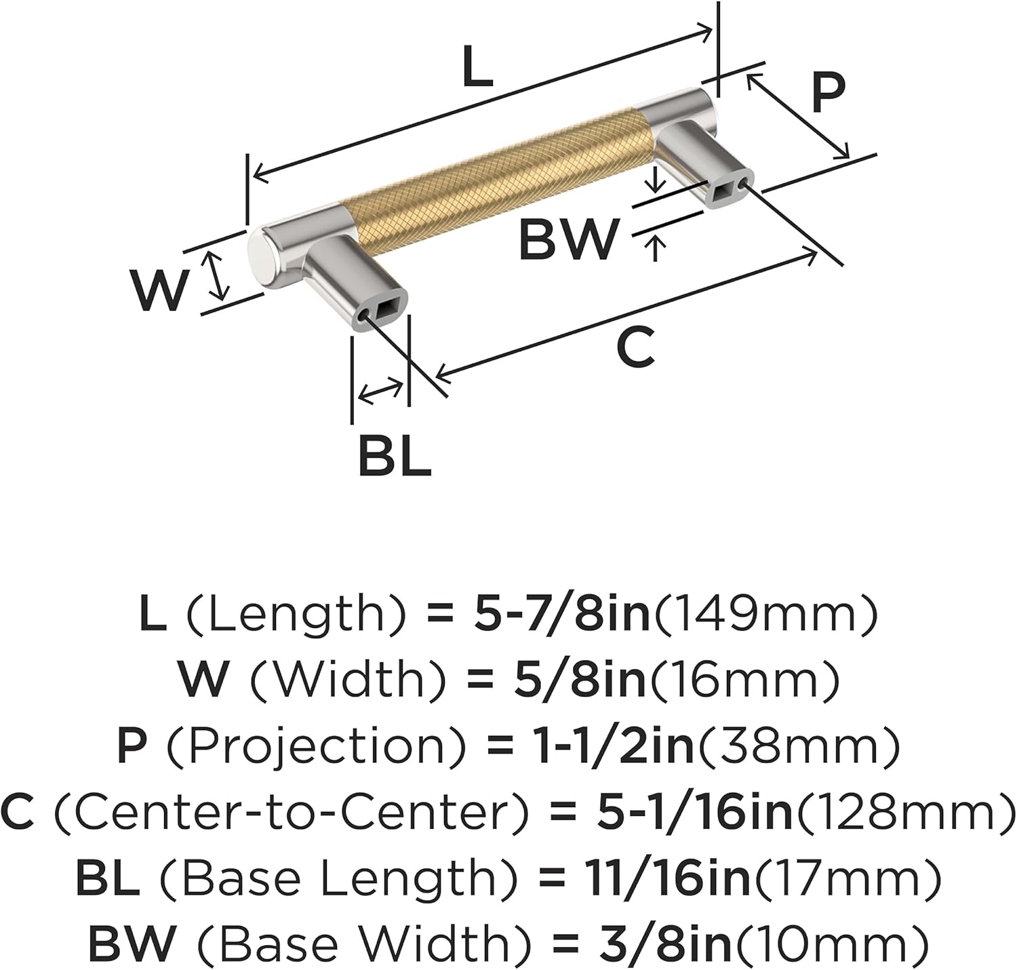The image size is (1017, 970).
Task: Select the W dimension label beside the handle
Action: tap(159, 290)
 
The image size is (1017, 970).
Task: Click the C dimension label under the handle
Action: tap(635, 347)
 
